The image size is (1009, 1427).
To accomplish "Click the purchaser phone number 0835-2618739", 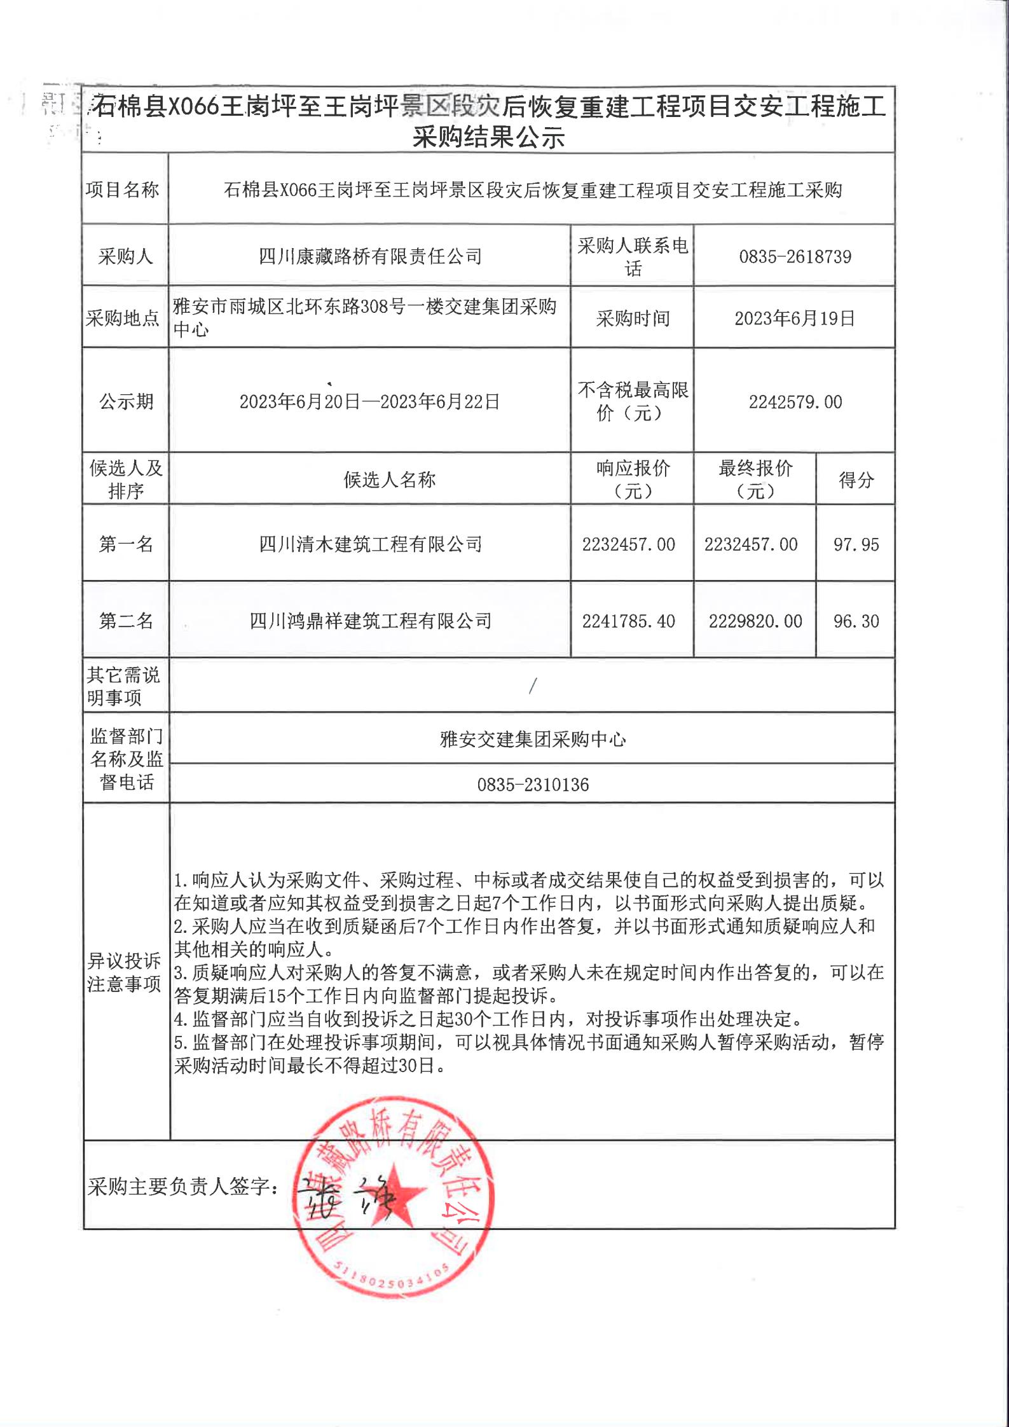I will click(x=795, y=257).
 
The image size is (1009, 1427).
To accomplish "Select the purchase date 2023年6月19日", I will click(x=795, y=319).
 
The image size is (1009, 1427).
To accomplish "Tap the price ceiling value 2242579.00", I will click(x=795, y=402).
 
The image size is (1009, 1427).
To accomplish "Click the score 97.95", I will click(x=856, y=544).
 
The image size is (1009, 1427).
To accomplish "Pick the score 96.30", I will click(x=856, y=621).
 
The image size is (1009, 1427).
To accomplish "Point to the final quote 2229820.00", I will click(x=755, y=621).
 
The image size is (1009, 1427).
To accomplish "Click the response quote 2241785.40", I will click(x=628, y=621).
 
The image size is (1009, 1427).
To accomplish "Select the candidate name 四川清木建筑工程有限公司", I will click(x=370, y=544).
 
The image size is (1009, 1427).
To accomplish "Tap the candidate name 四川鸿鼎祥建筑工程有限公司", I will click(x=370, y=621).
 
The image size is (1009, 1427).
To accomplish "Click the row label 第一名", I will click(x=126, y=544).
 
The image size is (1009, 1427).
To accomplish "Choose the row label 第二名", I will click(x=126, y=621).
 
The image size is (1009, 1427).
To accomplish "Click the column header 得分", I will click(x=856, y=480).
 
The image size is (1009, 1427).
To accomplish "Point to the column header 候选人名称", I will click(x=389, y=480).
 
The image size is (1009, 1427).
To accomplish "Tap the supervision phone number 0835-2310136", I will click(x=533, y=785).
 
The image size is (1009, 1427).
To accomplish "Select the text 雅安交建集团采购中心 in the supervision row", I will click(x=533, y=739).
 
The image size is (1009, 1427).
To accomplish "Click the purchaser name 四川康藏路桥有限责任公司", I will click(x=370, y=257).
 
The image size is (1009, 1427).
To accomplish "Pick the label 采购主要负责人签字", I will click(x=182, y=1187).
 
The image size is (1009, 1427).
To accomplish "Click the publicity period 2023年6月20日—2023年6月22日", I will click(x=369, y=402).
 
